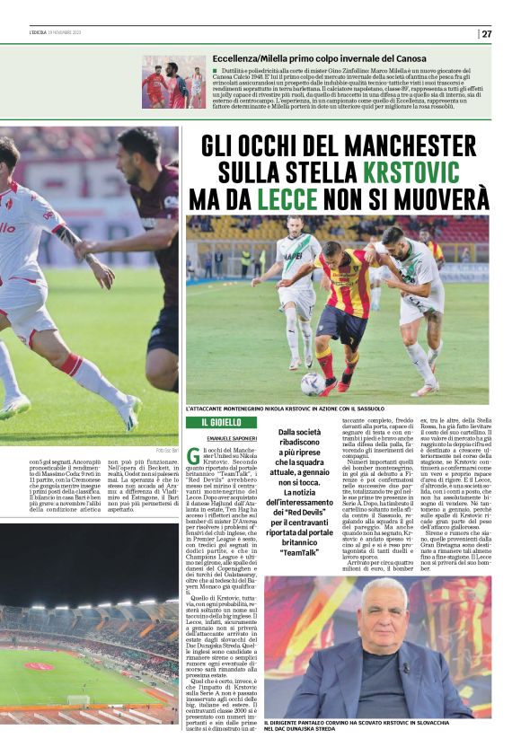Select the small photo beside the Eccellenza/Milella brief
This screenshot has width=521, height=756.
(172, 83)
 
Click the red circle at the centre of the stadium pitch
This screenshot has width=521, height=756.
(39, 666)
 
